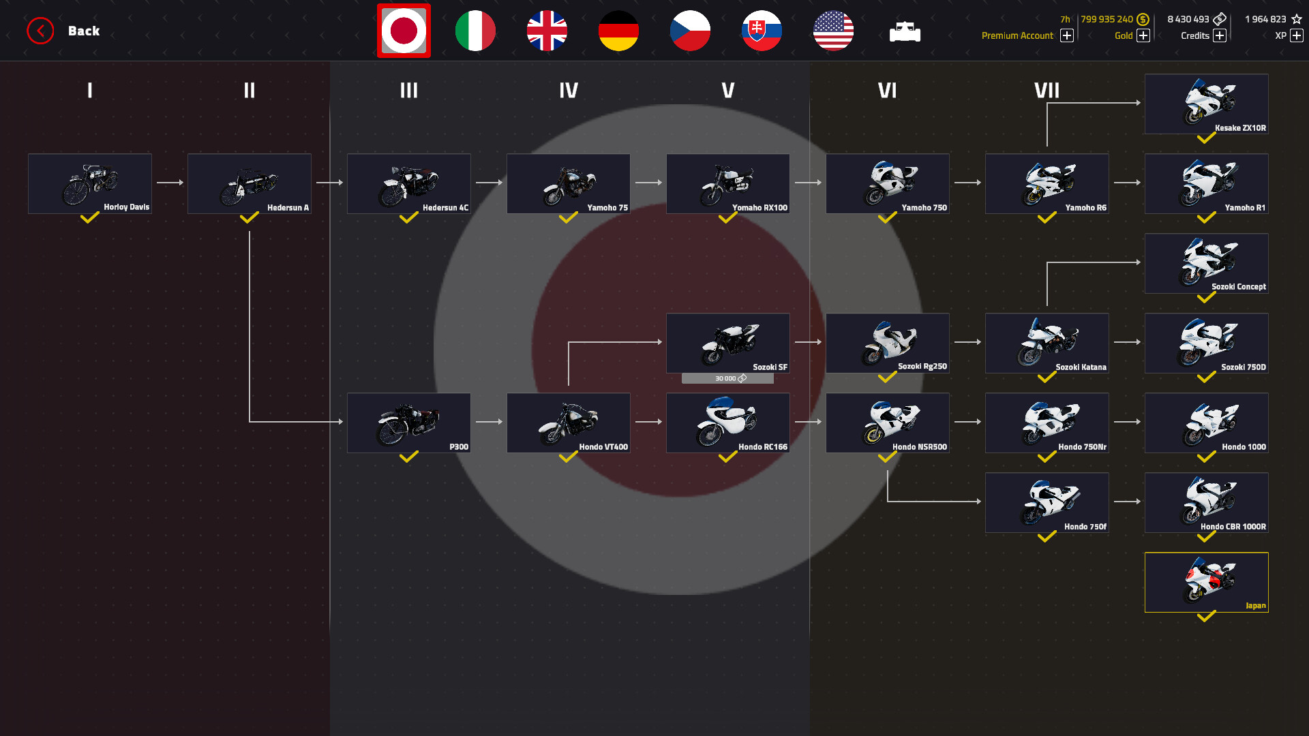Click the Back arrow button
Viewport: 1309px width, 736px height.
(40, 31)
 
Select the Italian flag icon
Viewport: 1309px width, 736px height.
(475, 31)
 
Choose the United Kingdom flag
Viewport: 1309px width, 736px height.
(547, 31)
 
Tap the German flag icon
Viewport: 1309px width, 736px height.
(618, 31)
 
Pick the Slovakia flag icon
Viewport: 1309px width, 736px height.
(762, 31)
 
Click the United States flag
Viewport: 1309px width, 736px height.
(833, 31)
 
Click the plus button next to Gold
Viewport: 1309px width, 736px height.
(1143, 35)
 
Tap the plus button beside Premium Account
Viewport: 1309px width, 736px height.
(1067, 35)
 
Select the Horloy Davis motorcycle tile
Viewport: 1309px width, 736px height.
(90, 183)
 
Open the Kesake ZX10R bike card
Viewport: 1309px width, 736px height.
(1207, 104)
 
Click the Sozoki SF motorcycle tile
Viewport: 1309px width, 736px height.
(728, 343)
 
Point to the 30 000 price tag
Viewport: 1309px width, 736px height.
(727, 378)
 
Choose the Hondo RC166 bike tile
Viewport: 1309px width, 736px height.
(728, 423)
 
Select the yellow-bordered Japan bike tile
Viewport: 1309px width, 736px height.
(1207, 582)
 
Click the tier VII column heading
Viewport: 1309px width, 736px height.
(1047, 90)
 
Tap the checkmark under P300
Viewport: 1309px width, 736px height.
(408, 457)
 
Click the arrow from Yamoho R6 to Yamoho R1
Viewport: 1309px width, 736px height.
(1127, 183)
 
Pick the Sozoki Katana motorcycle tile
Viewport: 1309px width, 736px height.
(1047, 343)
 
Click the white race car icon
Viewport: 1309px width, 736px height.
(905, 31)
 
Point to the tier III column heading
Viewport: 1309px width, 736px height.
(409, 90)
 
